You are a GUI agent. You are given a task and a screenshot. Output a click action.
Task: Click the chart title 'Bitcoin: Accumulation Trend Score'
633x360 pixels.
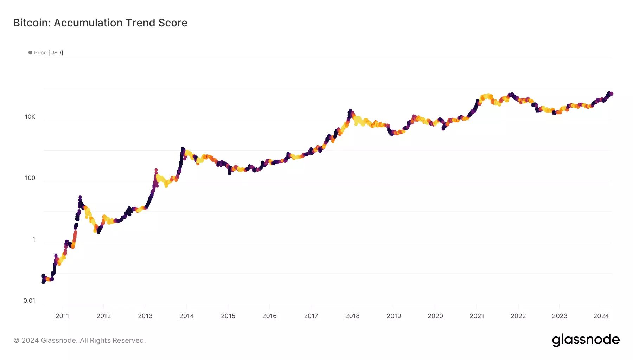[100, 23]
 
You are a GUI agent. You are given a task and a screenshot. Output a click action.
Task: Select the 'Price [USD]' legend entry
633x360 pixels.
[46, 53]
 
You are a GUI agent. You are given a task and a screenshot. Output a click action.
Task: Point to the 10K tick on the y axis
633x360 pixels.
[30, 117]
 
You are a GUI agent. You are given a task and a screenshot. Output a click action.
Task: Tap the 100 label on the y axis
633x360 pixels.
[30, 178]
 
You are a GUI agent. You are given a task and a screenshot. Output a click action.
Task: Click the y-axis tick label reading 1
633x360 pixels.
[34, 239]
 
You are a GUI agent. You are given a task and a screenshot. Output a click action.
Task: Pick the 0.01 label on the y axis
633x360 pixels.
[29, 301]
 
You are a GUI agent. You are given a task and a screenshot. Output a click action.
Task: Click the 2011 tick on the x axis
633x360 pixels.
[62, 316]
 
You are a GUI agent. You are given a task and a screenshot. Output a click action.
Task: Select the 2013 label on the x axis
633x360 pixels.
[145, 316]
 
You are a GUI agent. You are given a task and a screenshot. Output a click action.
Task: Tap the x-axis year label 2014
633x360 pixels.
[186, 316]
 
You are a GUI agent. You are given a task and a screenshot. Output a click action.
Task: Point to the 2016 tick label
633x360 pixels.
[269, 316]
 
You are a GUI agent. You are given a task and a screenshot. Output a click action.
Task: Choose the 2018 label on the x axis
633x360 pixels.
[352, 316]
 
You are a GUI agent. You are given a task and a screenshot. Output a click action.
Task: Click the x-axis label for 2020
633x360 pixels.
[435, 316]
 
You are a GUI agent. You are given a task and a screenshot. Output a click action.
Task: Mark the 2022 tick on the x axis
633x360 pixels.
[518, 316]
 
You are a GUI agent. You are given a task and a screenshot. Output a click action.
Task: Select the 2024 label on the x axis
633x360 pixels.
[601, 316]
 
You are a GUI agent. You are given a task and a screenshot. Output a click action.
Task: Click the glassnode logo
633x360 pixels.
[586, 340]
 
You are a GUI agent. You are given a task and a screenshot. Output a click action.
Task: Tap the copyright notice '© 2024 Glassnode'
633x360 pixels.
[79, 340]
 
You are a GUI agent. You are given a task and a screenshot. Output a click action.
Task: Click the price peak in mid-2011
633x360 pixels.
[80, 197]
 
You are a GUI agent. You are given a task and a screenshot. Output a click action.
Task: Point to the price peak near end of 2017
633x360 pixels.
[350, 111]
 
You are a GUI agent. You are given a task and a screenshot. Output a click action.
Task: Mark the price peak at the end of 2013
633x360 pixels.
[183, 149]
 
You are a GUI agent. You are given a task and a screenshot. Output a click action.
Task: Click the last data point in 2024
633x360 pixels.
[612, 94]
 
